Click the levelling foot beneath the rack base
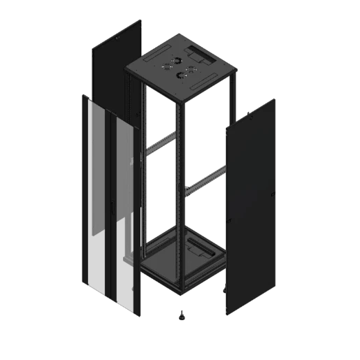tap(181, 313)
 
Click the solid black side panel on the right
tap(250, 203)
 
